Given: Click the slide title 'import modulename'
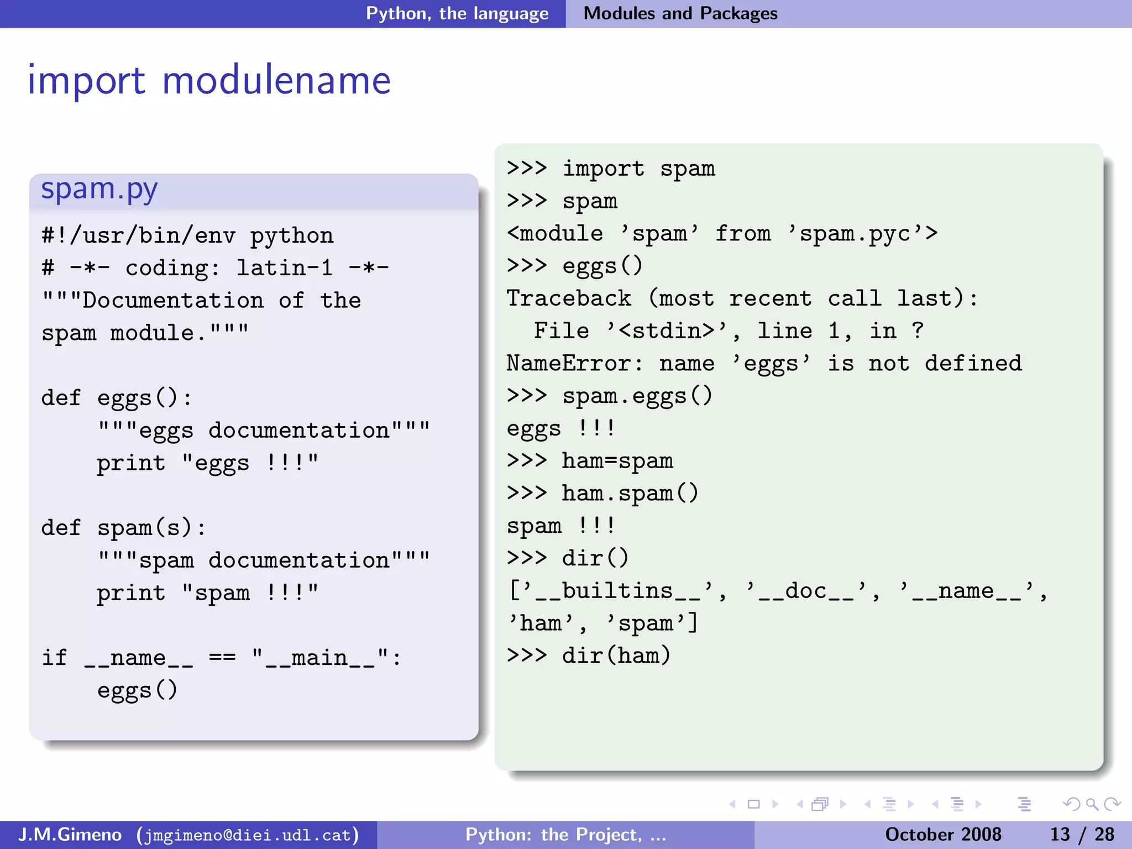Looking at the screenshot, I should (209, 81).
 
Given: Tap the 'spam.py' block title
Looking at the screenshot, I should (99, 190).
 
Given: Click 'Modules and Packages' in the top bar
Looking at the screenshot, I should (680, 13).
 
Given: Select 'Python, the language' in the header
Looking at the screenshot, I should (457, 13).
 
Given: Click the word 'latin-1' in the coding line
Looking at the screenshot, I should (284, 268).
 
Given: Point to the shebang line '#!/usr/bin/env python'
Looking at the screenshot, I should (187, 236).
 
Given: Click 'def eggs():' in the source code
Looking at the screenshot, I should (117, 398).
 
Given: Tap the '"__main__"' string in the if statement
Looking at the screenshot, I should (321, 658).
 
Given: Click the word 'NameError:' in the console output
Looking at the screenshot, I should (575, 364).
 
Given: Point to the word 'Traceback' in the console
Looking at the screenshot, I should (569, 298).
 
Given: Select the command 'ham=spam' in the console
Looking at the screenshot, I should (617, 461).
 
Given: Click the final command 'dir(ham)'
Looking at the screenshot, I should (616, 656).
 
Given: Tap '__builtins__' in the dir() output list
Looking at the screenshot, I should (617, 591).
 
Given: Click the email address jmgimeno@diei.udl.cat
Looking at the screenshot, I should (248, 835).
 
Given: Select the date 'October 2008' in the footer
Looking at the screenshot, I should (943, 835).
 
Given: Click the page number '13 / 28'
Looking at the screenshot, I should (1082, 835).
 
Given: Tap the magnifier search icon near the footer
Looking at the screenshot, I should (1092, 804).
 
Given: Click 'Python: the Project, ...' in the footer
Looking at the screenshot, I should (565, 835).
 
